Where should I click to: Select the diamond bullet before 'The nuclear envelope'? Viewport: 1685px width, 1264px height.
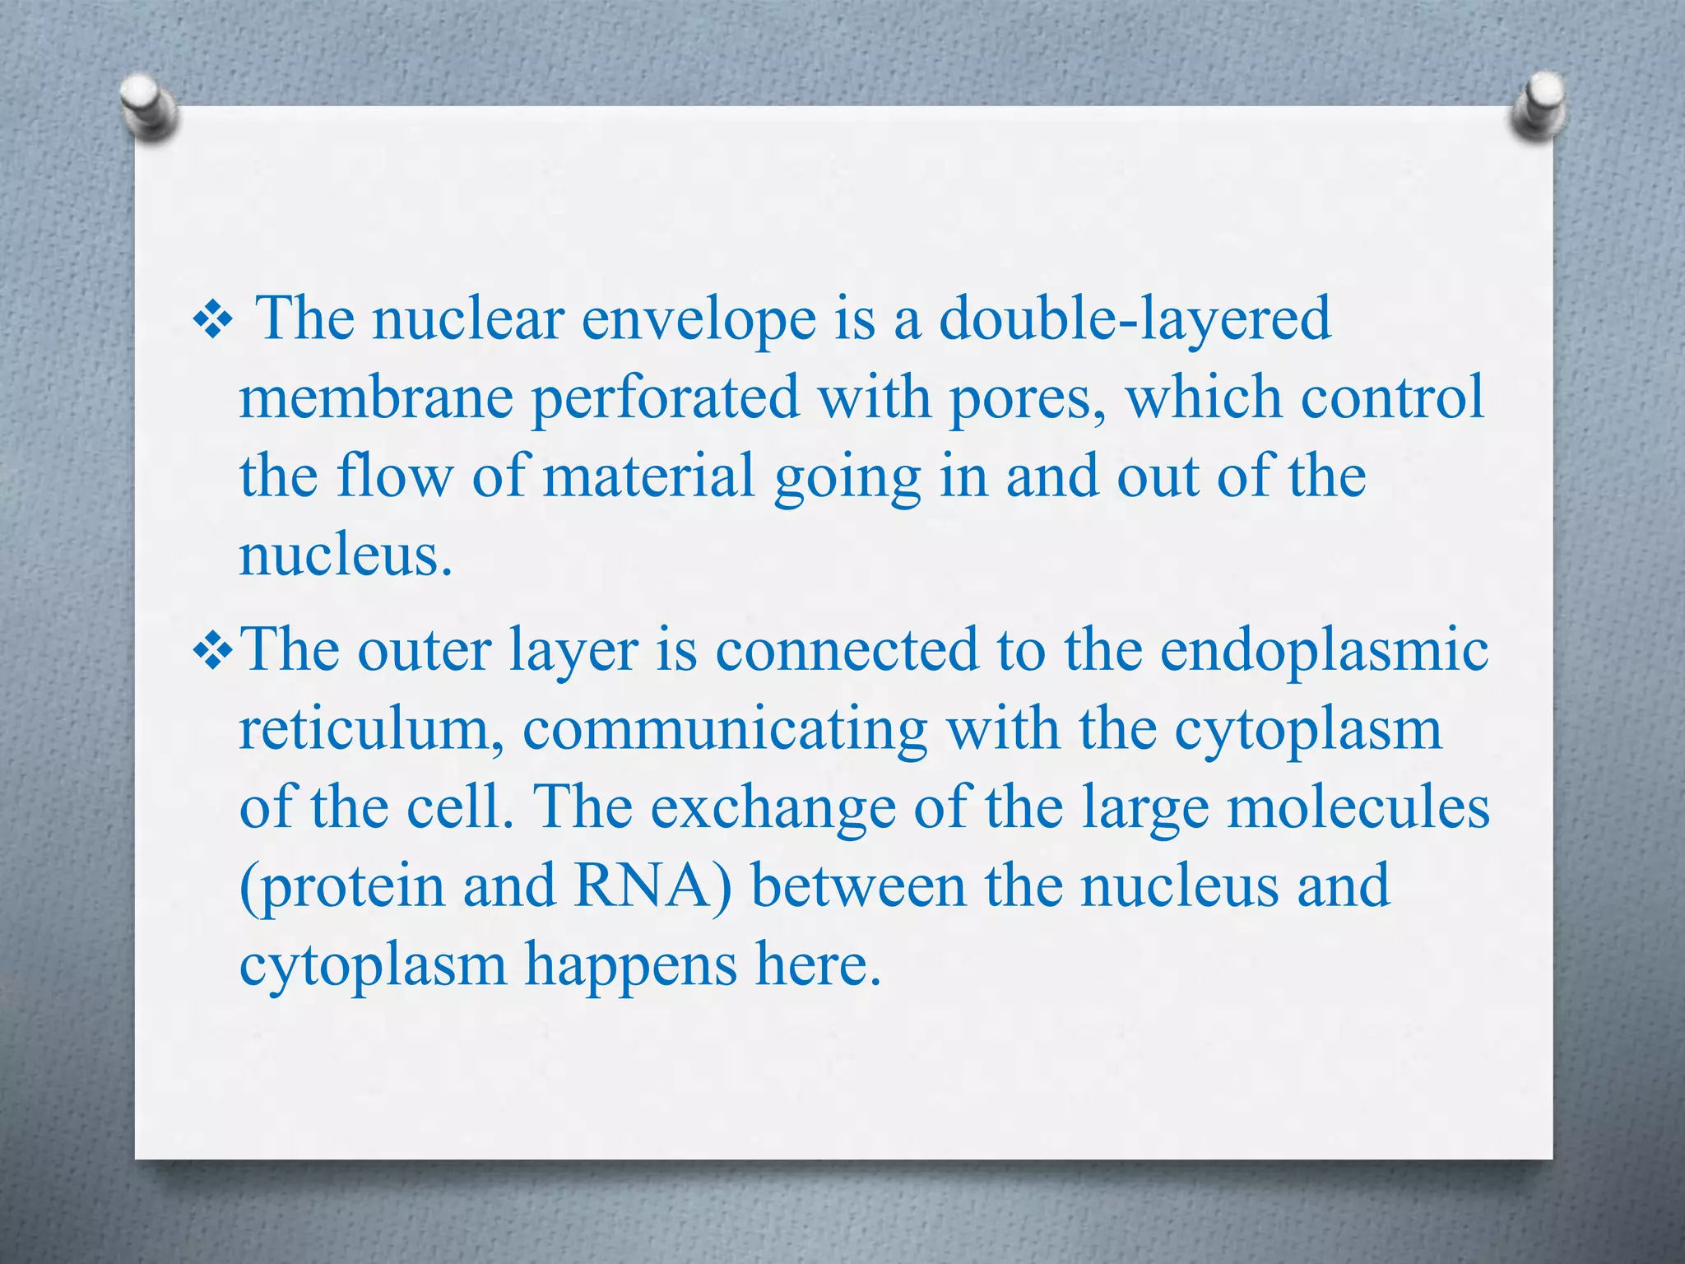coord(213,321)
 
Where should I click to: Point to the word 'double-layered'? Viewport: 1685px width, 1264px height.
coord(1135,321)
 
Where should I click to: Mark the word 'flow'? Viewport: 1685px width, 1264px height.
coord(395,477)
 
